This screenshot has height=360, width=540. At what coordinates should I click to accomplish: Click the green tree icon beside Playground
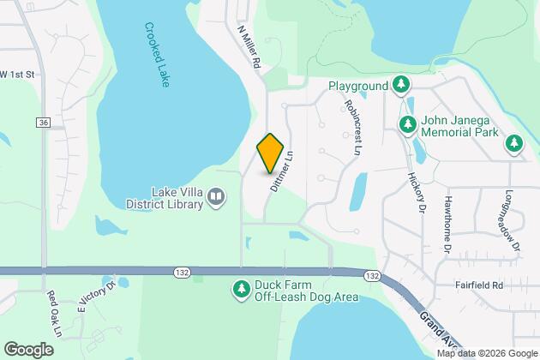(400, 85)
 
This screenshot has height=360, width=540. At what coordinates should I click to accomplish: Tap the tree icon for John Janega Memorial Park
(409, 126)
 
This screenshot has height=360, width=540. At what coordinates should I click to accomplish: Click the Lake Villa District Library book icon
(217, 198)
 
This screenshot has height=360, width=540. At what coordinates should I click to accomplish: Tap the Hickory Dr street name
(418, 192)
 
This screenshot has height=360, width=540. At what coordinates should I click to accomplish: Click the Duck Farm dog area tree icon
(241, 291)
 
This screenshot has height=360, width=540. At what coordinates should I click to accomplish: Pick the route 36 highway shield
(42, 123)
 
